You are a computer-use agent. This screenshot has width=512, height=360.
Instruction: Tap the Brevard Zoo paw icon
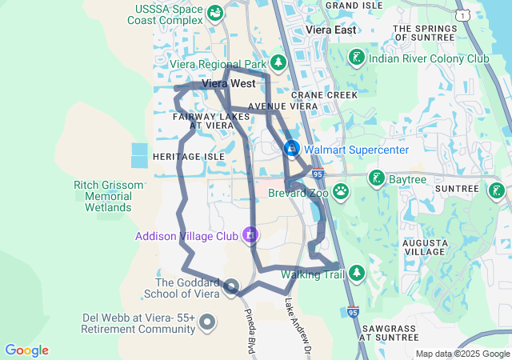(x=342, y=191)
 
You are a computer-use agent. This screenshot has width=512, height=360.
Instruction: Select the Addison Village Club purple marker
(x=251, y=235)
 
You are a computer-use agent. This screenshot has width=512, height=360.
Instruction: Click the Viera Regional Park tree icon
(x=278, y=62)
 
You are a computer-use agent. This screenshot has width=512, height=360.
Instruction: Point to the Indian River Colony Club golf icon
(x=356, y=58)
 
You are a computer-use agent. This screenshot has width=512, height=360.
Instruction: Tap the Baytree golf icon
(x=376, y=178)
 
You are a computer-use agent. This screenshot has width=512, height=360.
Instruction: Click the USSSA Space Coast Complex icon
(x=215, y=14)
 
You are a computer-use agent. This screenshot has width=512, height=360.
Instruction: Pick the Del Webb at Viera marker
(x=207, y=323)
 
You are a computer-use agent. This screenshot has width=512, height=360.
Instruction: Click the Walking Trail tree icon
(x=357, y=274)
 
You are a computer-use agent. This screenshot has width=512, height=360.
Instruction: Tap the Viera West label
(x=229, y=83)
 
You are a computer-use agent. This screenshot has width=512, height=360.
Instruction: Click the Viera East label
(x=330, y=30)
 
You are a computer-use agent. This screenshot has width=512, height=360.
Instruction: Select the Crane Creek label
(x=330, y=94)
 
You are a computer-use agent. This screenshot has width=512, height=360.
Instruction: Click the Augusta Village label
(x=424, y=246)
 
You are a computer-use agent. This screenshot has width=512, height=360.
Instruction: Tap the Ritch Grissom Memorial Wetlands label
(x=108, y=196)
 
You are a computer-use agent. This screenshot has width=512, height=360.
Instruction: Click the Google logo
(x=26, y=350)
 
